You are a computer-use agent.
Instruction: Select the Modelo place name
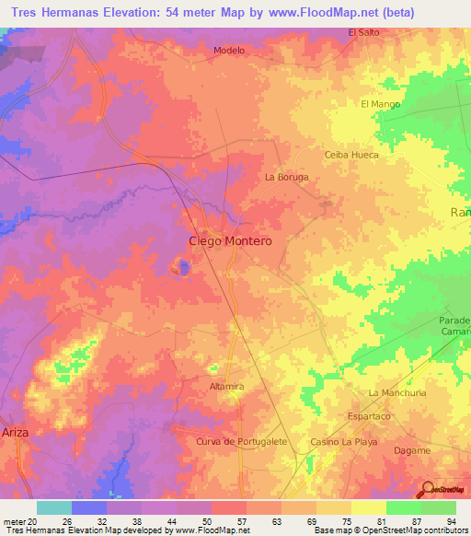point(228,51)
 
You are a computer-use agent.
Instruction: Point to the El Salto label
point(363,32)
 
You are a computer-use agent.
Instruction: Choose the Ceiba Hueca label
point(351,155)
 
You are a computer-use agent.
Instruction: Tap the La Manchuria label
point(397,392)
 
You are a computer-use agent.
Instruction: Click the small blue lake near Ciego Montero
point(181,268)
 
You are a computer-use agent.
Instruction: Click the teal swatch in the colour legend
point(53,507)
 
